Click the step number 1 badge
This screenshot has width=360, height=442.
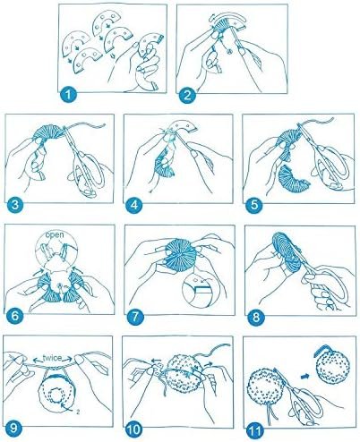(x=68, y=95)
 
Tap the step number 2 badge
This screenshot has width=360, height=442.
(x=187, y=96)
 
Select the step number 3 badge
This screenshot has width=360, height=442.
(x=15, y=205)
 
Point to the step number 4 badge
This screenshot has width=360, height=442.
(x=133, y=205)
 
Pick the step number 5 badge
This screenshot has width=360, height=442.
(x=254, y=205)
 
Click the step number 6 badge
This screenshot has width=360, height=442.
(x=15, y=316)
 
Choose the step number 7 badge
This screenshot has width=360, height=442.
(x=135, y=317)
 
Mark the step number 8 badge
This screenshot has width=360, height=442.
(x=256, y=317)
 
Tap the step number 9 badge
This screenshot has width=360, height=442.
(x=13, y=429)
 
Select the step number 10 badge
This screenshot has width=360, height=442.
(x=133, y=430)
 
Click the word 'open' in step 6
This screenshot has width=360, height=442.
(x=55, y=234)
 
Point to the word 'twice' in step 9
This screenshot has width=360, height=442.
(x=53, y=358)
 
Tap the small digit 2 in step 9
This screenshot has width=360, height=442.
(x=78, y=412)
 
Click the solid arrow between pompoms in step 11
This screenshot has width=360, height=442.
(x=304, y=377)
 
